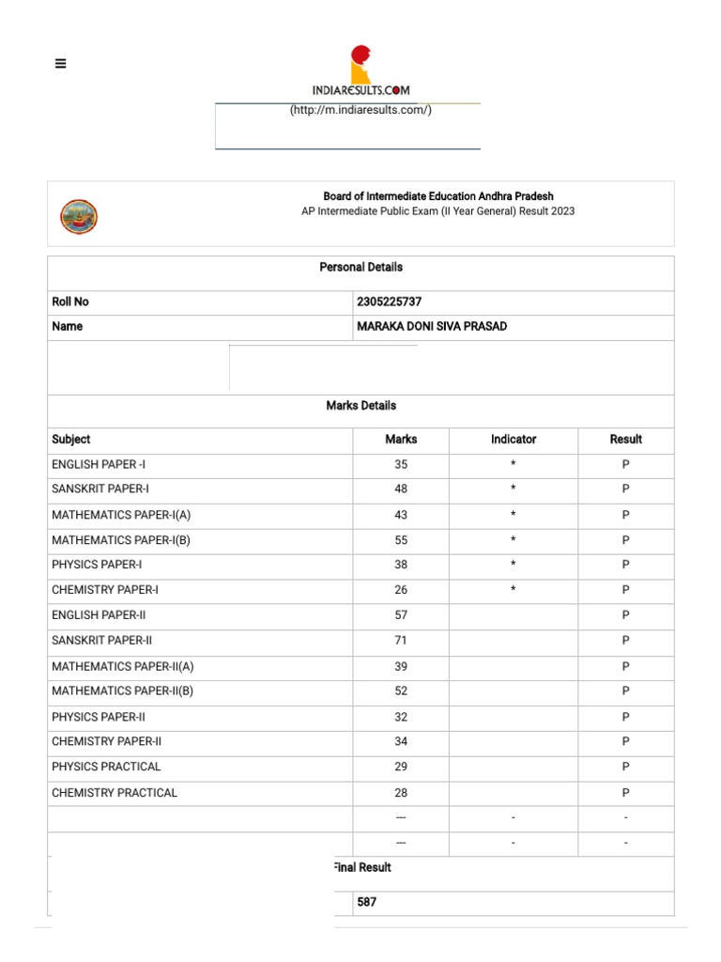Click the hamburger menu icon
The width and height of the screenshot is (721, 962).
pyautogui.click(x=61, y=64)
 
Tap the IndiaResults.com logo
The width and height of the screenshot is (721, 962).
pyautogui.click(x=360, y=71)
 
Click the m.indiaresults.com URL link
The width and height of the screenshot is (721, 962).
pyautogui.click(x=360, y=110)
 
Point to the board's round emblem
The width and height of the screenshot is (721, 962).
pyautogui.click(x=79, y=217)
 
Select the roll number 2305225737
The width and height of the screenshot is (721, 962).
pyautogui.click(x=389, y=302)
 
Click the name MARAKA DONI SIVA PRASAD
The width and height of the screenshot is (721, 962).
pyautogui.click(x=431, y=327)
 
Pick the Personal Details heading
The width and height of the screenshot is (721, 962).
pyautogui.click(x=360, y=268)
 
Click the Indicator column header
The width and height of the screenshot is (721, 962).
pyautogui.click(x=514, y=440)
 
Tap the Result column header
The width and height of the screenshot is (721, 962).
pyautogui.click(x=625, y=440)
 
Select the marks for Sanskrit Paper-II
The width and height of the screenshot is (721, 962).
pyautogui.click(x=401, y=641)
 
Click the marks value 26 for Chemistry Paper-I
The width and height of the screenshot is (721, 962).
pyautogui.click(x=401, y=590)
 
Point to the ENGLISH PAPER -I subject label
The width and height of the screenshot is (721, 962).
pyautogui.click(x=99, y=465)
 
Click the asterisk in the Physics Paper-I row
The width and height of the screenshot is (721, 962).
pyautogui.click(x=514, y=566)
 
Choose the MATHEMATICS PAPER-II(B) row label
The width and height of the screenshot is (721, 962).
pyautogui.click(x=123, y=691)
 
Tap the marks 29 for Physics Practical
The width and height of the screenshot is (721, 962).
pyautogui.click(x=401, y=768)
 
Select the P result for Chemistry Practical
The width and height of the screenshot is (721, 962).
pyautogui.click(x=625, y=793)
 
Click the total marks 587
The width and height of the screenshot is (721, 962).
pyautogui.click(x=367, y=903)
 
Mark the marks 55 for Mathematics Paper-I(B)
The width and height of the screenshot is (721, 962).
pyautogui.click(x=401, y=540)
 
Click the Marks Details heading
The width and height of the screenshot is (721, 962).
pyautogui.click(x=360, y=406)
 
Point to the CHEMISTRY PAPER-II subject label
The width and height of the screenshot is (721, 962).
pyautogui.click(x=107, y=742)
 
